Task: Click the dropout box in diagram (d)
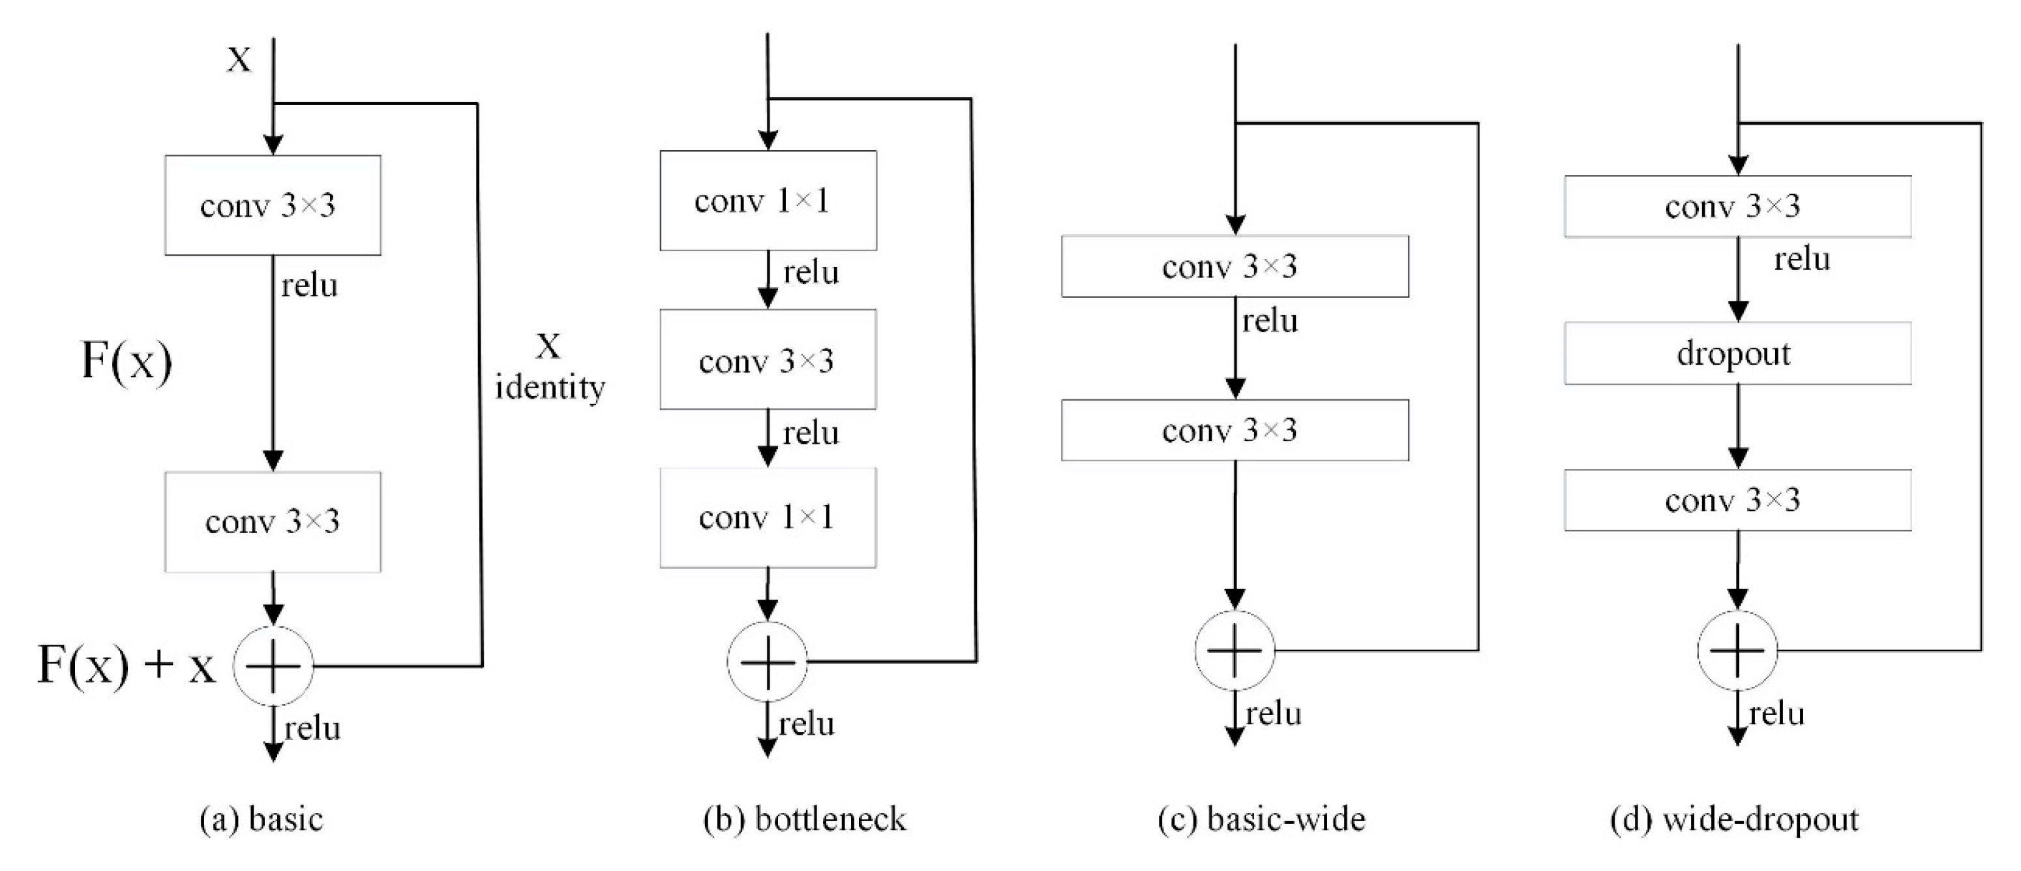coord(1737,353)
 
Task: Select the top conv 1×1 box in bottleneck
coord(768,201)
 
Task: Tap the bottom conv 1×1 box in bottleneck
coord(768,518)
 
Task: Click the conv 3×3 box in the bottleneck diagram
coord(768,359)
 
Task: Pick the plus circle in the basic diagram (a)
coord(273,665)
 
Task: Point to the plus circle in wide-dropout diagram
coord(1737,650)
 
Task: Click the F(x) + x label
coord(125,665)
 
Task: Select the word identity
coord(550,387)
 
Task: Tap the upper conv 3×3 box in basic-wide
coord(1235,267)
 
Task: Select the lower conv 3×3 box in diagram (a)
coord(273,522)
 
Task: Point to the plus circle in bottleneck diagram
coord(768,662)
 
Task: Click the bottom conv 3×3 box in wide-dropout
coord(1737,500)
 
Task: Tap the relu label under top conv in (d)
coord(1801,259)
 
